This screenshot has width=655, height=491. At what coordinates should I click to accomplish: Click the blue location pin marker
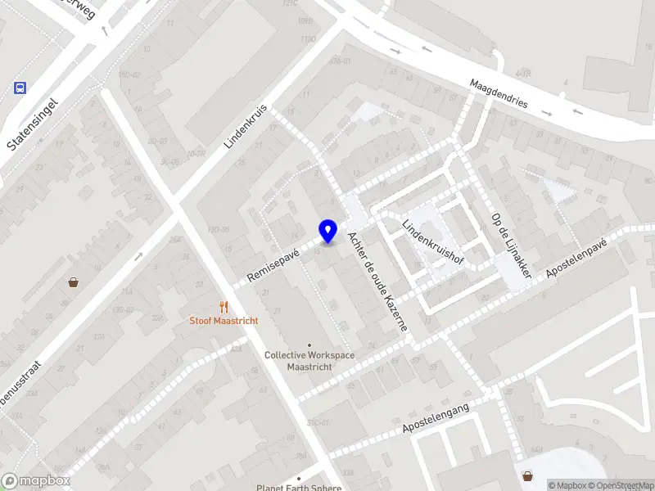coord(328,232)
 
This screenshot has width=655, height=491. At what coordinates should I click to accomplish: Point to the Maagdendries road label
coord(499,95)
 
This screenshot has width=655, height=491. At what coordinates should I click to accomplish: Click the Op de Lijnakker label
coord(512,245)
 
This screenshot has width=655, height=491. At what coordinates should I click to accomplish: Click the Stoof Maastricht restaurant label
coord(224,321)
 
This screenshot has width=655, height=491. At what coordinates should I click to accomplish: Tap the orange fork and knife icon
coord(224,307)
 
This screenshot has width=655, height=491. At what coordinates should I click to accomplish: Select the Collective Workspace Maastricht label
coord(309,361)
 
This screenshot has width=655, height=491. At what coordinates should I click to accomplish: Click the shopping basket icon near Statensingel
coord(74,282)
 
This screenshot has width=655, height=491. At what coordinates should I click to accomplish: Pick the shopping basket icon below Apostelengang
coord(529,475)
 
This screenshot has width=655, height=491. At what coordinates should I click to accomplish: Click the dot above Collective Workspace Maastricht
coord(309,345)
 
